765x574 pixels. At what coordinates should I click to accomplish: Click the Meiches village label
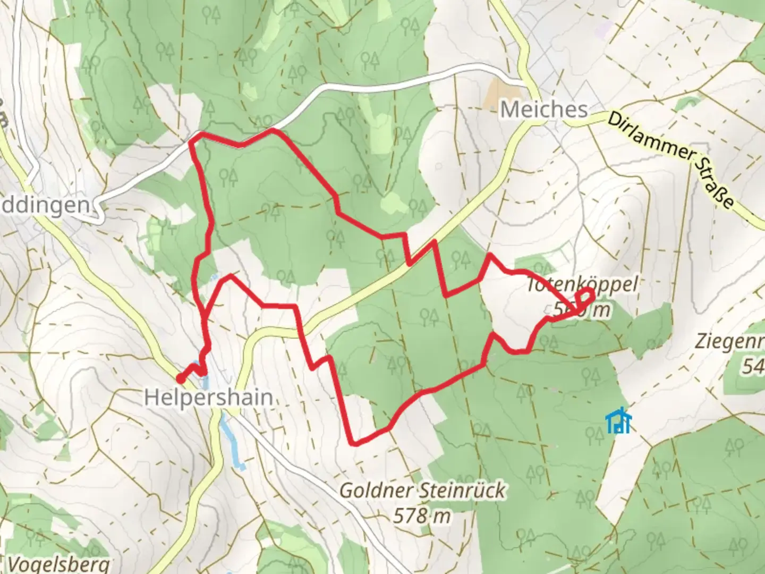click(x=544, y=109)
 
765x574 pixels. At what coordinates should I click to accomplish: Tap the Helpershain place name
click(x=209, y=398)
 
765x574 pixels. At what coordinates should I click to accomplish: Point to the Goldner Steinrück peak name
click(x=422, y=490)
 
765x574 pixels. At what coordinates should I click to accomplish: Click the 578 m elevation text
click(x=422, y=515)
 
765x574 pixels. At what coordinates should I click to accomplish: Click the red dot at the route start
click(x=181, y=379)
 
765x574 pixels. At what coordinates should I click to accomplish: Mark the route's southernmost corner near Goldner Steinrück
click(x=352, y=442)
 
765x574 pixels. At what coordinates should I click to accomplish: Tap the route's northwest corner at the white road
click(x=192, y=140)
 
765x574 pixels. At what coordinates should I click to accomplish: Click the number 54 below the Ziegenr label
click(x=753, y=366)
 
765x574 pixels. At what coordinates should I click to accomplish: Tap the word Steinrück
click(x=462, y=490)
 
